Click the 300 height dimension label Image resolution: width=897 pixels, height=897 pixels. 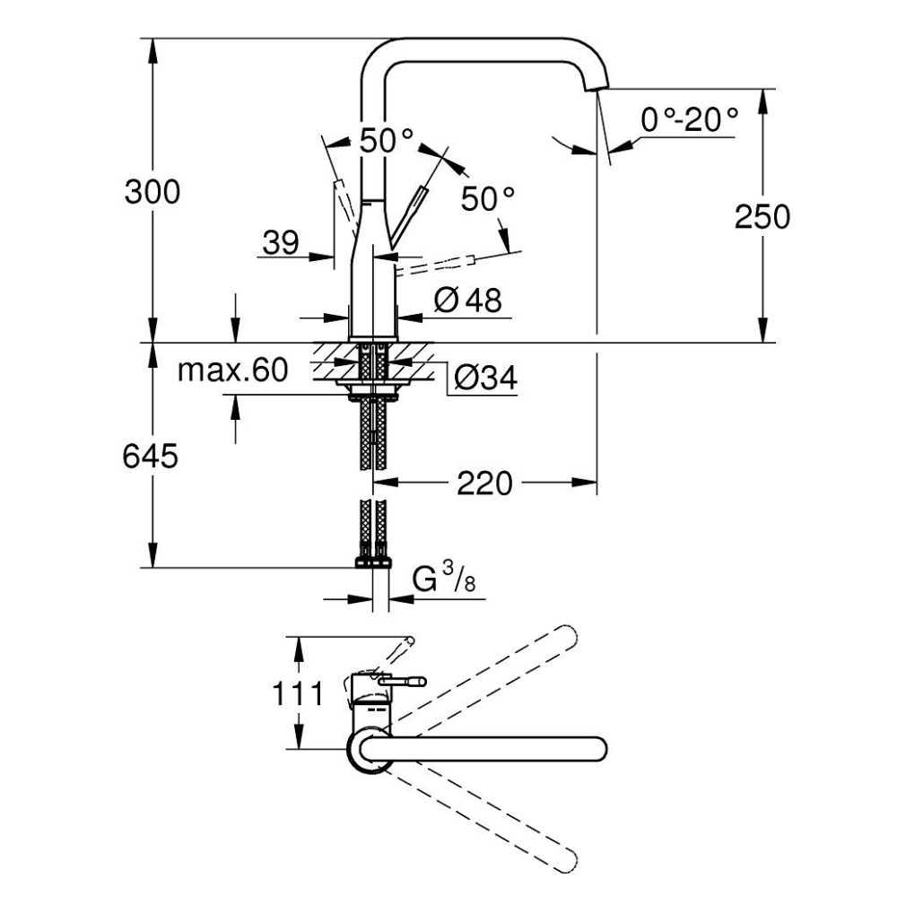[152, 192]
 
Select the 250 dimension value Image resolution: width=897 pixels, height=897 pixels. [762, 217]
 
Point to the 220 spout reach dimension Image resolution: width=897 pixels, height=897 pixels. [484, 484]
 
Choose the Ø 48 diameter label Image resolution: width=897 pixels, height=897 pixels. [467, 300]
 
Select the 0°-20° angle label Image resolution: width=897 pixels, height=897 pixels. [690, 118]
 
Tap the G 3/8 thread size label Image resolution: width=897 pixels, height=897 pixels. [443, 580]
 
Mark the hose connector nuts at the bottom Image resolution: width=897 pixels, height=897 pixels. [373, 562]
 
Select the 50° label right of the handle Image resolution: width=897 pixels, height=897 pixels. [489, 198]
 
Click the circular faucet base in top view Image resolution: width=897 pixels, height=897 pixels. [368, 749]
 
